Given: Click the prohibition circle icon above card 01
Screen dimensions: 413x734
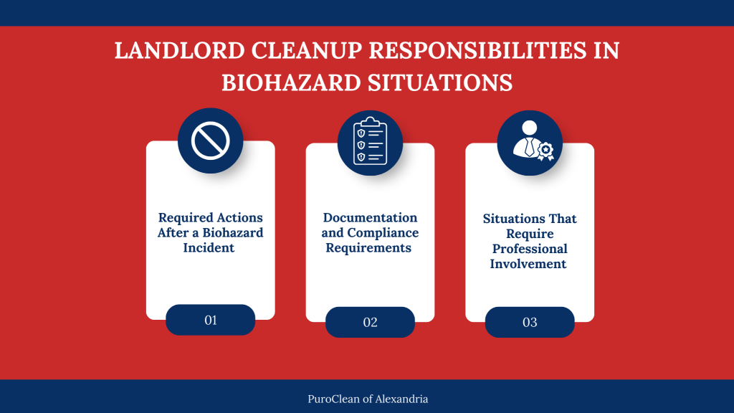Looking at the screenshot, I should [210, 141].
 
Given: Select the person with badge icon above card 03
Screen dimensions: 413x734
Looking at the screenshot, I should [530, 143].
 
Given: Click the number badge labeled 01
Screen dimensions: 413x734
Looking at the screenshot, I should [210, 320].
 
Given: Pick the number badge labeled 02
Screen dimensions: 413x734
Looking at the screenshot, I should [370, 322].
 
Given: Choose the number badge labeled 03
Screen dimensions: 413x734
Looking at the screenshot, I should [530, 322].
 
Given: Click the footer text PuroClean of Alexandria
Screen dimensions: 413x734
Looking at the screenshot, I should [367, 399].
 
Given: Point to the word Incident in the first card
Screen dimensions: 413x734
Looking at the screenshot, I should [210, 248].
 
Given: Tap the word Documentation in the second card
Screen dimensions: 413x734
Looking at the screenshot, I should [370, 217].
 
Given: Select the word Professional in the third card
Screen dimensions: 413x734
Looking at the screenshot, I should [529, 249].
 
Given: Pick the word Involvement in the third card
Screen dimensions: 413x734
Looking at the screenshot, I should [529, 264].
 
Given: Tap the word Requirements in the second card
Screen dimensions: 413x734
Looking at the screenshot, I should [370, 248].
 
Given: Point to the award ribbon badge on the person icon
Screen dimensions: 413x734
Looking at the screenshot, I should [545, 150].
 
